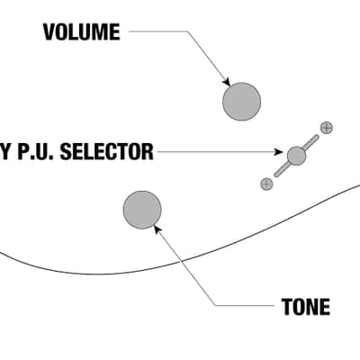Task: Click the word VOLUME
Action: (x=82, y=31)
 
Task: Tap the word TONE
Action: (x=306, y=307)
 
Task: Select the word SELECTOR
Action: (x=107, y=151)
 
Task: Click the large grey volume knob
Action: (x=241, y=102)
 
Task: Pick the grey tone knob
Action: (x=142, y=210)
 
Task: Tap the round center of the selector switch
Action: (x=296, y=156)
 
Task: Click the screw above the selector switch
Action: (x=327, y=128)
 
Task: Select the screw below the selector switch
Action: (x=266, y=184)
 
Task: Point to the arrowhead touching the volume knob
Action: (x=227, y=82)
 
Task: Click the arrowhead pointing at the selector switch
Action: (x=279, y=152)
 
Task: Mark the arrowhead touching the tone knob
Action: (x=157, y=229)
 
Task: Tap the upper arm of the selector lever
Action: (x=310, y=142)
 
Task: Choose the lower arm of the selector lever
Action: (x=282, y=169)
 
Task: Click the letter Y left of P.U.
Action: (x=4, y=151)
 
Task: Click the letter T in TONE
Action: (x=287, y=307)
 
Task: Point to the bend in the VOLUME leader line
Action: (x=188, y=31)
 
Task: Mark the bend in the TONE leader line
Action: (x=215, y=306)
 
